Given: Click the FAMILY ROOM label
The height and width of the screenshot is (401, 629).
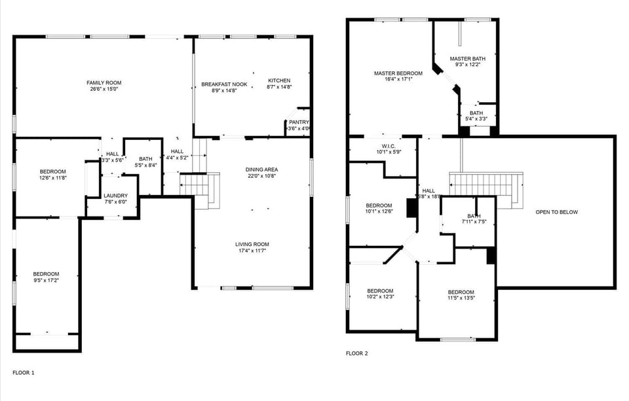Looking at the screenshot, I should point(104,83).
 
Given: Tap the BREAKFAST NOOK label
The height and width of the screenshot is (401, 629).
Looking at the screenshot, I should point(224,84).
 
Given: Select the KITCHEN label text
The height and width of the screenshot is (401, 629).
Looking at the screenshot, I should point(279,81).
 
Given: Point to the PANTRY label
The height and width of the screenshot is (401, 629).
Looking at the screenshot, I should point(299,122).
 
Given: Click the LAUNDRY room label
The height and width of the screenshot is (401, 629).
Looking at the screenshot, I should point(116,196).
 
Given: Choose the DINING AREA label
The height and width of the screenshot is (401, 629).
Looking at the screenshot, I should point(262,169).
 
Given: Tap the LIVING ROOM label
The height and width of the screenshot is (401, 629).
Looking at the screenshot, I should point(252,245).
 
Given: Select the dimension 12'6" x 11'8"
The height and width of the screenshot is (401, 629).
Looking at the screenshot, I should point(53,177).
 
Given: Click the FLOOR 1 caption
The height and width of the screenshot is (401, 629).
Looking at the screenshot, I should point(24,373).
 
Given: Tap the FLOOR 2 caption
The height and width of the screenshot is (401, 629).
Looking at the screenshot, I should point(357,354).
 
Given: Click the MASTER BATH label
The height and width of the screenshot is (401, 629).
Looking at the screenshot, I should point(468,59).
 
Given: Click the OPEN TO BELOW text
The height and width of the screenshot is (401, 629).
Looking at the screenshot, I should point(557,212).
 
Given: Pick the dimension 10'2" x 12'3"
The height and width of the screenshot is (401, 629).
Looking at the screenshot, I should point(380,297).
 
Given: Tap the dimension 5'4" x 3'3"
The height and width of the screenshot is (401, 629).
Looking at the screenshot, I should point(476,119).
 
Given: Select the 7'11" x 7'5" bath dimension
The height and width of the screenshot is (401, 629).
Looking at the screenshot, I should point(474,222).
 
